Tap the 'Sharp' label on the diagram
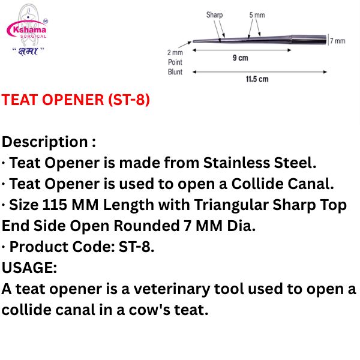214,15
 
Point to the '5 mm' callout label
256,15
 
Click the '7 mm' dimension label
338,41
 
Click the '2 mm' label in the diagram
175,52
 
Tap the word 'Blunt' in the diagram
175,72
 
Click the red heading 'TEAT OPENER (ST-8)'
76,100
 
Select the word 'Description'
45,142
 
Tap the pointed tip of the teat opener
193,42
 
